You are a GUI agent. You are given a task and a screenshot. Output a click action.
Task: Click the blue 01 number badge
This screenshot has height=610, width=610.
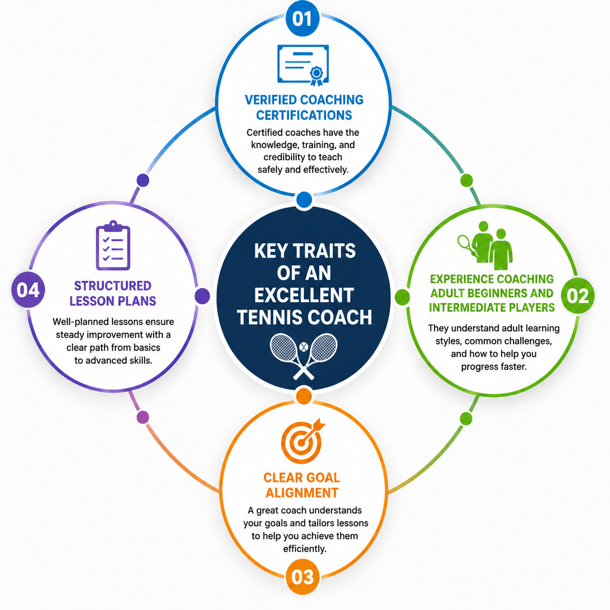302,18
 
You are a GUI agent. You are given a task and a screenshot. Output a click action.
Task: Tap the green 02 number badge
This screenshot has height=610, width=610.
578,296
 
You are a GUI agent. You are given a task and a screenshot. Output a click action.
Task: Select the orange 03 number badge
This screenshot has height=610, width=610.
303,577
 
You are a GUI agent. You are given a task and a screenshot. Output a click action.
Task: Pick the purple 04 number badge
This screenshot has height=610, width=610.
28,289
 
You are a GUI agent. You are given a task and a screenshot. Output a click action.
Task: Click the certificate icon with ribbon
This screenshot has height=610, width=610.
303,65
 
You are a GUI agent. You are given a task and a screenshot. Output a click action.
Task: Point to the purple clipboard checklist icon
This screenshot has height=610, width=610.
113,245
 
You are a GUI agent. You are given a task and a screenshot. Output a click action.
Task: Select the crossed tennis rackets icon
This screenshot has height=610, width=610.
303,356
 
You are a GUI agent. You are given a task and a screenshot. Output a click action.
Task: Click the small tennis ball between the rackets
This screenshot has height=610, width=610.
304,347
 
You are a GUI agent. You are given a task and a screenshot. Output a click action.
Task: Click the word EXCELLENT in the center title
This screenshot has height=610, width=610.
304,295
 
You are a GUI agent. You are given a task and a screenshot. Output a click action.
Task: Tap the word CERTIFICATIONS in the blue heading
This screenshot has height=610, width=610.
304,115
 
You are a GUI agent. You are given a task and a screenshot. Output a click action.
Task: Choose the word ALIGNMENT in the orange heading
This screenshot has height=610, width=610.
302,493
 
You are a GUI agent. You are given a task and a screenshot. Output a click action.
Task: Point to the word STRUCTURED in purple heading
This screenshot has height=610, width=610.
113,286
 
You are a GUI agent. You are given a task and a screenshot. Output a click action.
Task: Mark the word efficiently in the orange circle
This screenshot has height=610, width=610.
305,549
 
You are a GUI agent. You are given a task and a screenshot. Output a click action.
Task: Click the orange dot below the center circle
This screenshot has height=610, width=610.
304,396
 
